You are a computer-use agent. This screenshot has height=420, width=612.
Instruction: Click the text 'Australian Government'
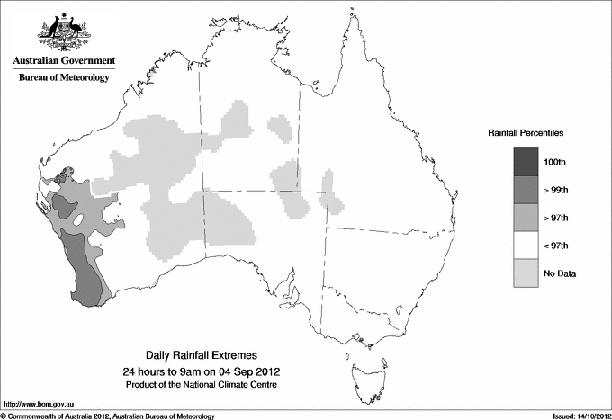pos(64,61)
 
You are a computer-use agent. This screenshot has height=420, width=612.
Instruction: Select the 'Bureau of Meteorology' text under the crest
pos(64,78)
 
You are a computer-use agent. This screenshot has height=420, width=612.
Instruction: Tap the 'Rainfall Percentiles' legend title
pos(526,132)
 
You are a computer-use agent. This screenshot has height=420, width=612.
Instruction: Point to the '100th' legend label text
pos(554,162)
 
